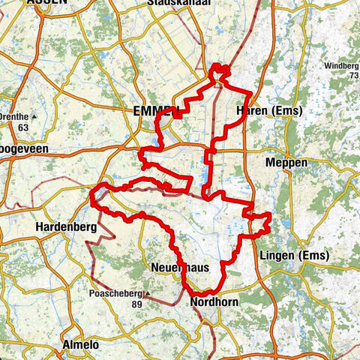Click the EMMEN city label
coord(154,111)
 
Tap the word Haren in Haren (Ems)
coord(251,112)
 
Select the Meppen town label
coord(286,162)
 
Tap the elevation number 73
coord(352,76)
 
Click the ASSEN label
coord(46,3)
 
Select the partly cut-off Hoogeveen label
coord(22,150)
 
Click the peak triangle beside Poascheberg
coord(147,293)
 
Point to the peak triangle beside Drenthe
coord(34,116)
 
